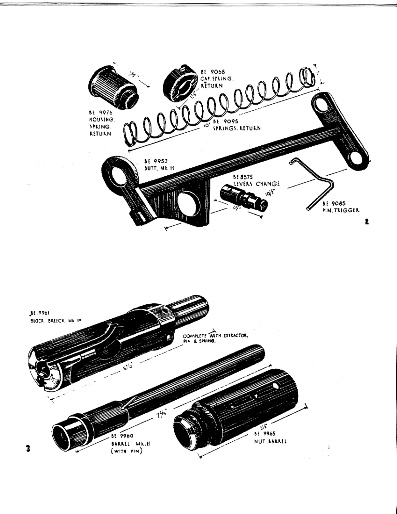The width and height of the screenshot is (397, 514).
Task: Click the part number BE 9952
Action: click(156, 161)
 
